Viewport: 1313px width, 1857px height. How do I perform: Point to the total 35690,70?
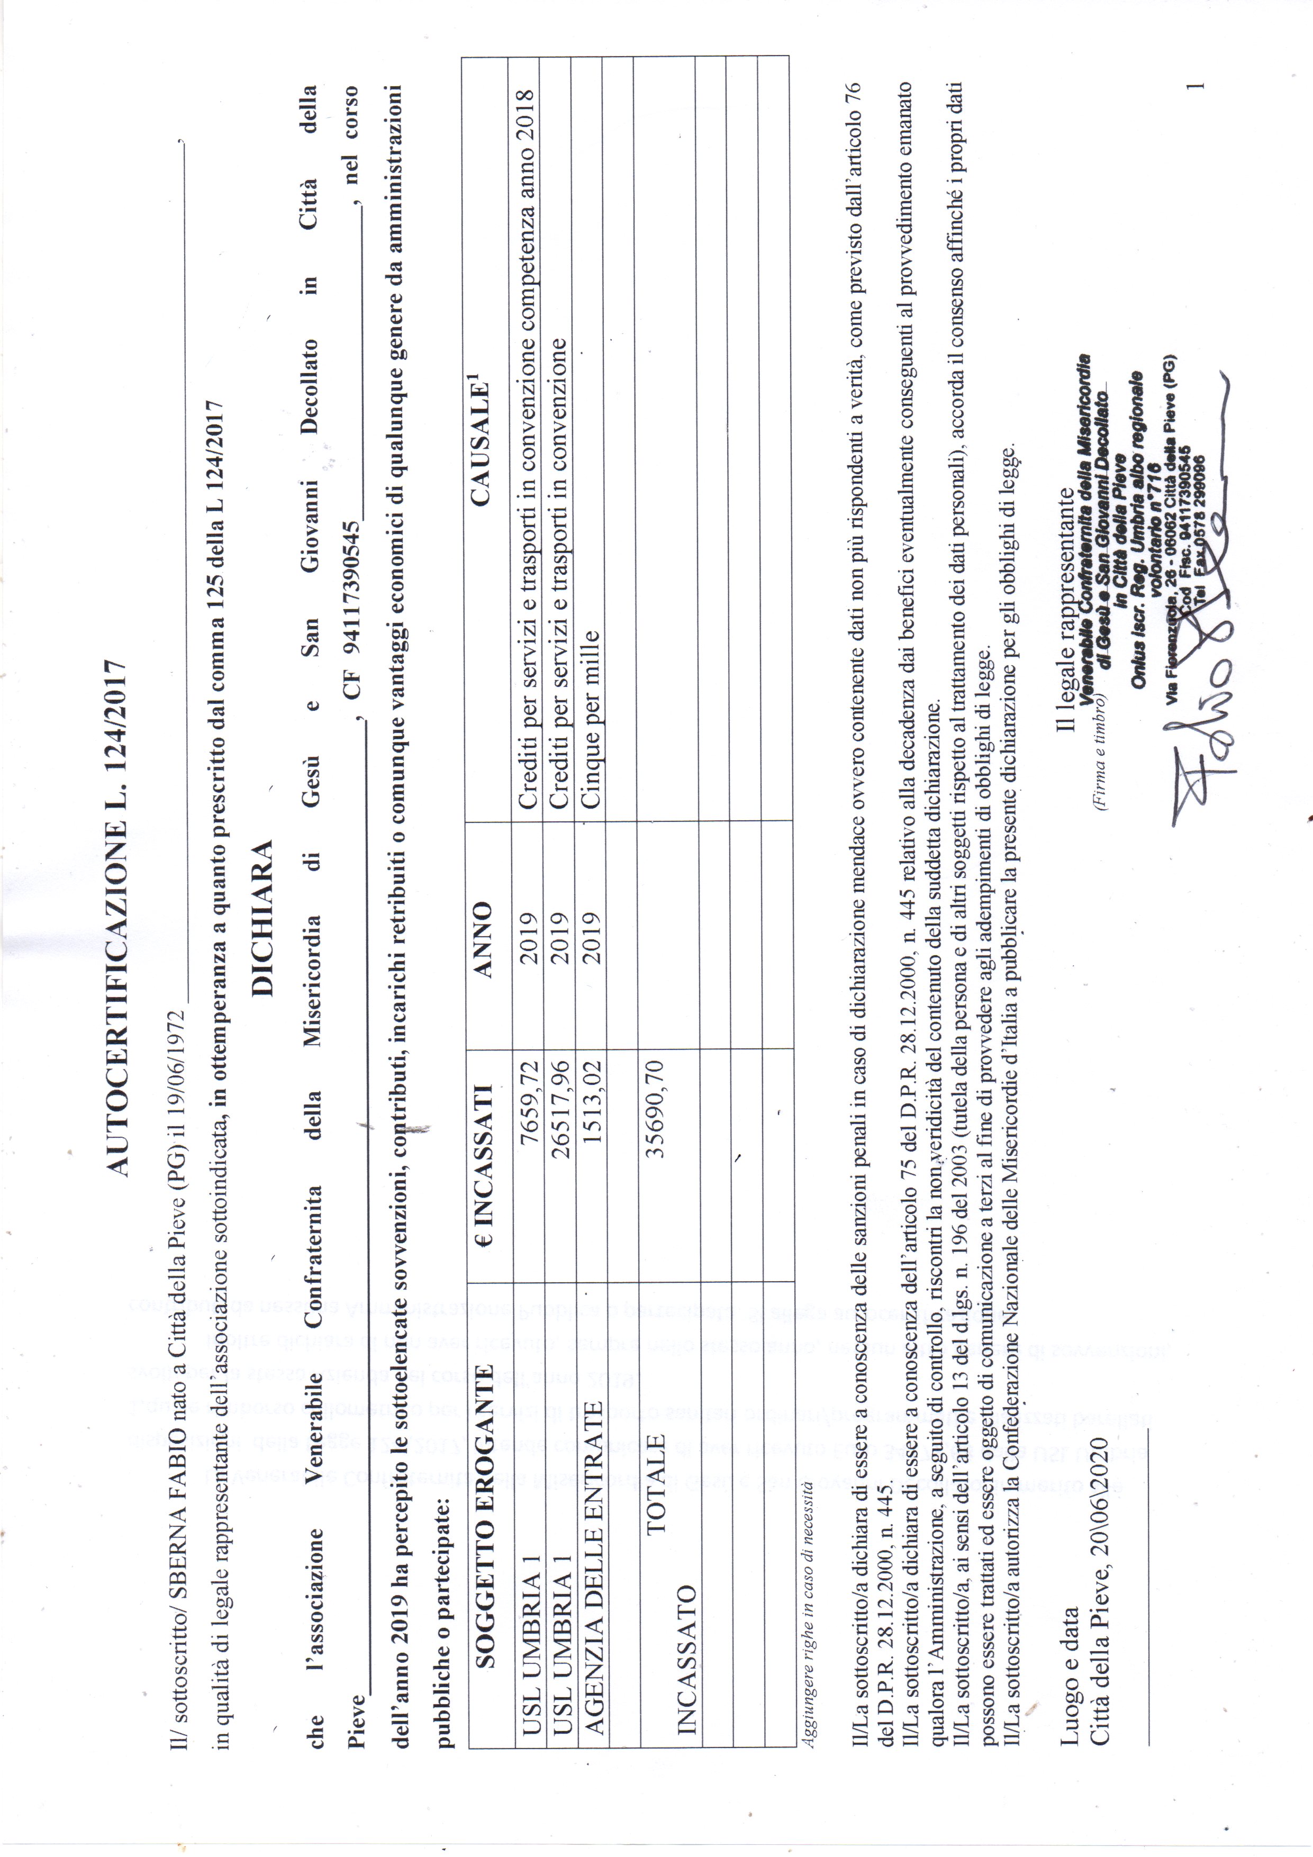pyautogui.click(x=655, y=1108)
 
